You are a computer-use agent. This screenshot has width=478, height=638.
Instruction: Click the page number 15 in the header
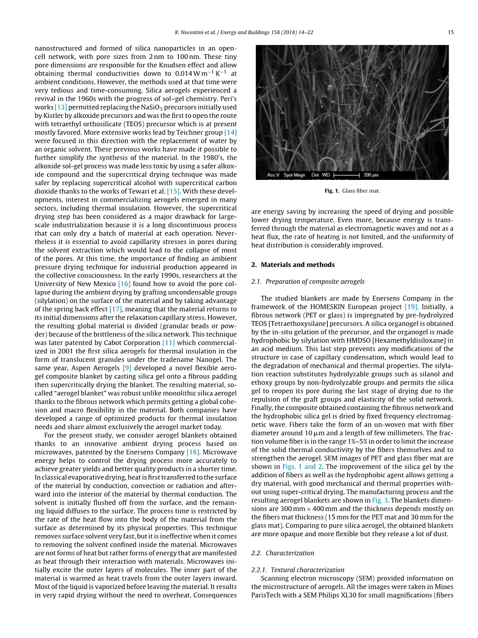(451, 32)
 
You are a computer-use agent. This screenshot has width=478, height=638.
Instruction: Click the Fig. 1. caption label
(332, 191)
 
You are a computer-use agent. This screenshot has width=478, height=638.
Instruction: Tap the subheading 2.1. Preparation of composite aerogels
(307, 282)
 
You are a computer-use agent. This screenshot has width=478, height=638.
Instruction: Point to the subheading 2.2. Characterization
(283, 553)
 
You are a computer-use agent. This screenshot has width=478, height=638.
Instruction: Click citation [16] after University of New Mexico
(124, 284)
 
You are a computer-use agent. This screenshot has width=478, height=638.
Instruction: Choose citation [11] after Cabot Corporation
(168, 343)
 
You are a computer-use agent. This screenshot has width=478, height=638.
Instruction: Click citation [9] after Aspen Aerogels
(126, 368)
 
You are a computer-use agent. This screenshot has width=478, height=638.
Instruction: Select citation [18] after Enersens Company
(193, 452)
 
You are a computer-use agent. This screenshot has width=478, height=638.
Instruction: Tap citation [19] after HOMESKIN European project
(411, 307)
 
